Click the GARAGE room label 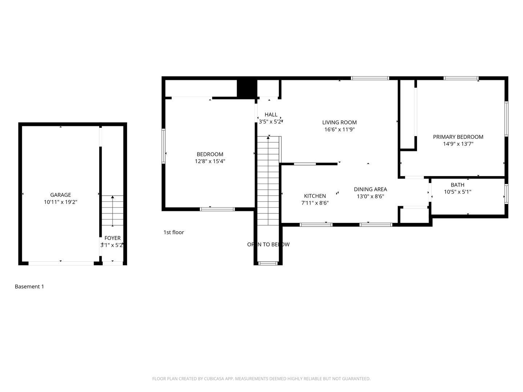click(x=61, y=195)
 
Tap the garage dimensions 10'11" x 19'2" click(x=61, y=202)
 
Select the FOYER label click(x=113, y=238)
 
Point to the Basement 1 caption click(x=29, y=287)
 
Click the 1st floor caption click(x=174, y=232)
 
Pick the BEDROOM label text click(x=210, y=154)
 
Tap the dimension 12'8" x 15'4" click(x=210, y=162)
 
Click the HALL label click(x=271, y=115)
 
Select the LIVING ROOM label click(x=340, y=123)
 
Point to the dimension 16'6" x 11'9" click(x=340, y=130)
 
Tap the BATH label click(x=458, y=185)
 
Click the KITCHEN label click(x=315, y=196)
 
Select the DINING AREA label click(x=370, y=189)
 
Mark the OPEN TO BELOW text click(x=268, y=244)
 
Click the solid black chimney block click(x=247, y=88)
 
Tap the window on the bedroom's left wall click(x=163, y=146)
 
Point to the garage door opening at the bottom click(x=61, y=263)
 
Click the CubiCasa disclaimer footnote click(x=261, y=379)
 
